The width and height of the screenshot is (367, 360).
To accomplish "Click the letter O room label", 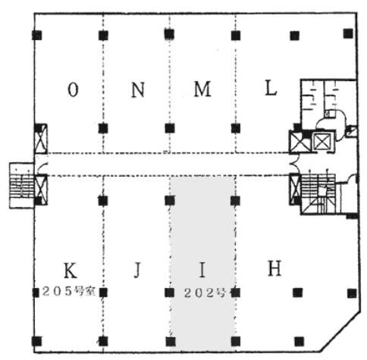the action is click(73, 90).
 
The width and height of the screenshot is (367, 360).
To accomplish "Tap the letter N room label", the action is click(138, 90).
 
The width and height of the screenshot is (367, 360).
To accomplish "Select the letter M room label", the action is click(202, 89).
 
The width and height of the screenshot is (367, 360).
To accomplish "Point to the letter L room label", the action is click(271, 89).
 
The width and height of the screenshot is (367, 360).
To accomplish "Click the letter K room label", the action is click(70, 271).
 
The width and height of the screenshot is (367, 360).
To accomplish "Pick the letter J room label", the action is click(137, 270).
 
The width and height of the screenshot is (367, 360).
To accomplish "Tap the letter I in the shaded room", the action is click(202, 270).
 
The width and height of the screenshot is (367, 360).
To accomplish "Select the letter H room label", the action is click(274, 268).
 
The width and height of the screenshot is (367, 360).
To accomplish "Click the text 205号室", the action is click(69, 292).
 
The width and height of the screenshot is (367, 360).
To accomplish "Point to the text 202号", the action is click(205, 293).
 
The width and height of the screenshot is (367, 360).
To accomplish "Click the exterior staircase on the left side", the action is click(22, 186).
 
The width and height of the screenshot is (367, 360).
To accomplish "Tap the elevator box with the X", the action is click(322, 142).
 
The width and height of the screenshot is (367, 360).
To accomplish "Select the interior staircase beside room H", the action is click(318, 194).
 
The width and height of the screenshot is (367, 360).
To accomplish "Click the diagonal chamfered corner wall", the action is click(340, 332).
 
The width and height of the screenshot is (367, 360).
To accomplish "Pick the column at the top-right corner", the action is click(348, 33).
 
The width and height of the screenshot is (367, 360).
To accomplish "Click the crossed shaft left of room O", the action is click(41, 139).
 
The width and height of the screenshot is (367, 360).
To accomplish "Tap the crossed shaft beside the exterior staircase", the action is click(41, 189).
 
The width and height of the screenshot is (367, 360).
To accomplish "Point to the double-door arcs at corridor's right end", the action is click(295, 164).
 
